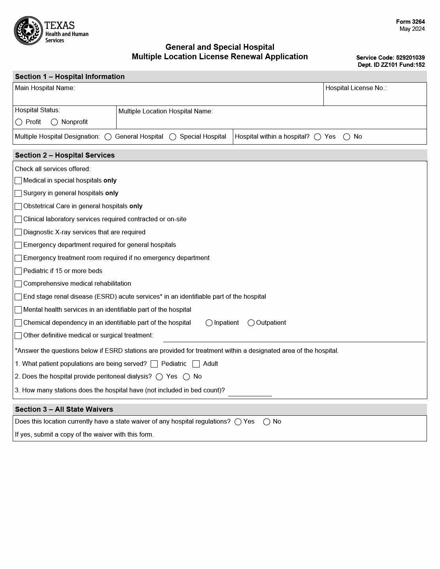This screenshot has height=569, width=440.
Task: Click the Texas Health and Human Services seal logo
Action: [x=28, y=30]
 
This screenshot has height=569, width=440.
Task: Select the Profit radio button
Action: [x=19, y=122]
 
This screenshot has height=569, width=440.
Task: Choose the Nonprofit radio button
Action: [x=55, y=122]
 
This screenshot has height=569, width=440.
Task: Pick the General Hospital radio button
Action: [x=108, y=137]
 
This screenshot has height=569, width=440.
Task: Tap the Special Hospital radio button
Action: [x=173, y=137]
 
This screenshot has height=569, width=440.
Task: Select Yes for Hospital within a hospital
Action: [x=317, y=137]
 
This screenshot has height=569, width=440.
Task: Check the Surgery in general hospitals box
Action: [x=18, y=193]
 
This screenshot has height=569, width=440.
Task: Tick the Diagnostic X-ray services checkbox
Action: [x=18, y=232]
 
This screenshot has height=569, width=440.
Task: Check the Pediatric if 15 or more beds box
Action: [x=18, y=271]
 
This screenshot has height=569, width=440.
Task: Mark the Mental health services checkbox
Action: [x=18, y=310]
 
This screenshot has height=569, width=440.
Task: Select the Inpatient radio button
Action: [x=209, y=323]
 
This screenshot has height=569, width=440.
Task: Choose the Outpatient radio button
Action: [x=251, y=323]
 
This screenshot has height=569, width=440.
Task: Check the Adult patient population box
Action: [x=196, y=364]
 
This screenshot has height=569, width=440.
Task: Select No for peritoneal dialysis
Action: [x=187, y=377]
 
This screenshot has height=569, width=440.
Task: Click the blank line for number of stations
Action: [x=250, y=392]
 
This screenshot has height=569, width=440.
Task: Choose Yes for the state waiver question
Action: [x=238, y=422]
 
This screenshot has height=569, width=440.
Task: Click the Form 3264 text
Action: [x=410, y=22]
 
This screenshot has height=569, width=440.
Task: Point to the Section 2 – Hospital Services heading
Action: [x=65, y=155]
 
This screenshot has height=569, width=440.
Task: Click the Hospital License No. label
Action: [x=356, y=88]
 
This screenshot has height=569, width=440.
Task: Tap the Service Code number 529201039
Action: [x=410, y=58]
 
